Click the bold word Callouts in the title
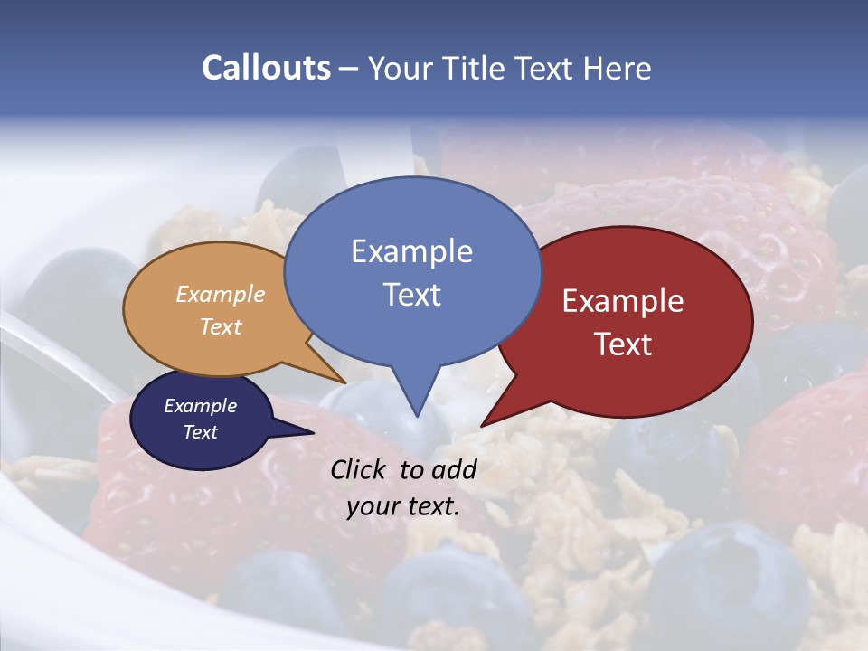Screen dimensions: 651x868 [x=266, y=68]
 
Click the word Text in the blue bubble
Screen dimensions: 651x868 [x=411, y=294]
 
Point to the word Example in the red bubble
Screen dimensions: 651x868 [x=623, y=300]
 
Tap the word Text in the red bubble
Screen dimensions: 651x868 [x=623, y=344]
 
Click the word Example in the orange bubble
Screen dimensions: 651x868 [x=220, y=294]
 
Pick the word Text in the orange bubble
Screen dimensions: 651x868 [x=220, y=326]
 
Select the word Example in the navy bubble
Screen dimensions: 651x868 [x=200, y=406]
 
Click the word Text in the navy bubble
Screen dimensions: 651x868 [x=200, y=432]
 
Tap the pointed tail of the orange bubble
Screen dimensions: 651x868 [x=343, y=381]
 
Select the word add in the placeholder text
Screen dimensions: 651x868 [x=454, y=469]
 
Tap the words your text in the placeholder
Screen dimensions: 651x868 [x=402, y=506]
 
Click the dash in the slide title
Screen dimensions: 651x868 [x=350, y=69]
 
